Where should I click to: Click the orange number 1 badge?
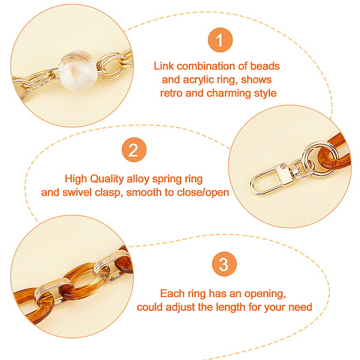click(x=220, y=40)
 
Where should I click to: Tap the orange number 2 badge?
click(x=134, y=149)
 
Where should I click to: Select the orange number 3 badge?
click(x=224, y=264)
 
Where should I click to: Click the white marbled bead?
click(x=78, y=70)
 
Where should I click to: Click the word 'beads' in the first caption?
click(x=265, y=66)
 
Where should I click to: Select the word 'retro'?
click(x=171, y=94)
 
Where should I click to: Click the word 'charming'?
click(x=229, y=94)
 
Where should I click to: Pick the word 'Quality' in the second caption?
click(x=107, y=179)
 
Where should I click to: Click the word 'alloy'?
click(x=138, y=179)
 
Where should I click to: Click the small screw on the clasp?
click(x=284, y=166)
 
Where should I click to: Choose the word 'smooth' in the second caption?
click(x=144, y=193)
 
